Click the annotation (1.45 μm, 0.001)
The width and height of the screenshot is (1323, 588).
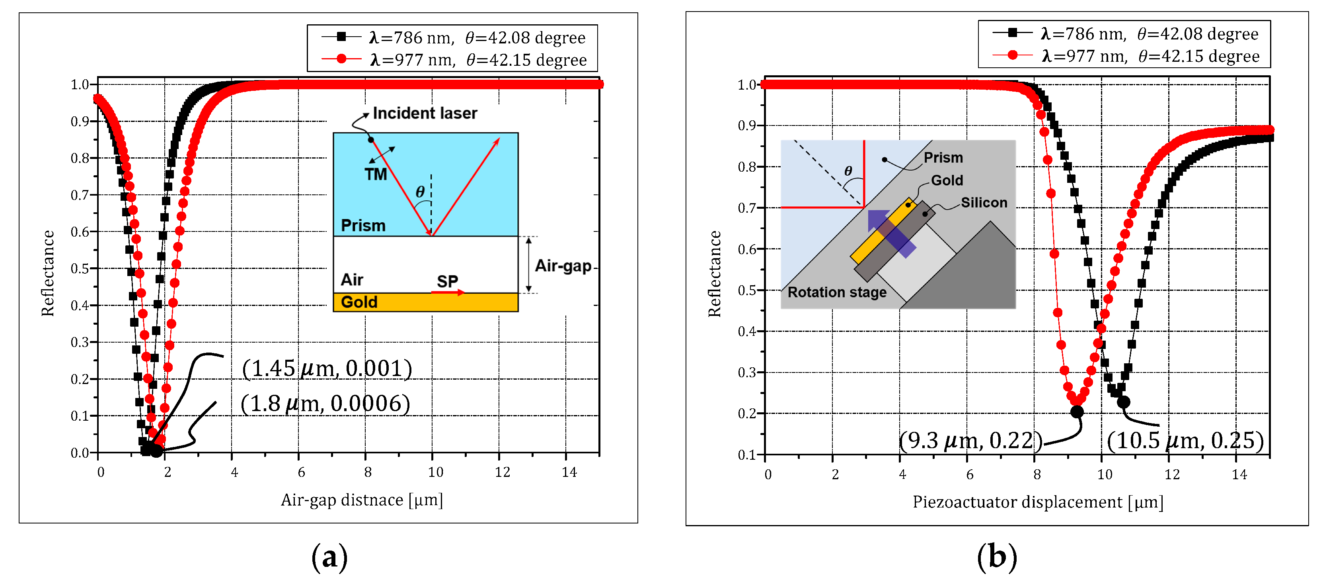327,368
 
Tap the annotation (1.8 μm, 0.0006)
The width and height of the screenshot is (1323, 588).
325,404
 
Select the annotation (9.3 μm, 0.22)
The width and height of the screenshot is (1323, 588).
970,441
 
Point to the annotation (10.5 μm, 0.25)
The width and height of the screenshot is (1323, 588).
1184,441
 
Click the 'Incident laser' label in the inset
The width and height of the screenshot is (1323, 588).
425,113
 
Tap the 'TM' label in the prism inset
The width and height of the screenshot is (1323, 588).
376,175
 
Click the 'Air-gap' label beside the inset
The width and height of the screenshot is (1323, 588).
563,266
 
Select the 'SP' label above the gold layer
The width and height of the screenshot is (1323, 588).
447,281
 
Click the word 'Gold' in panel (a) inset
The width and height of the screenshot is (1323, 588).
359,302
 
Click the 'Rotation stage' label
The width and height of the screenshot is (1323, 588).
837,292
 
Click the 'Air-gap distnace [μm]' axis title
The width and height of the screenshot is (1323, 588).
362,500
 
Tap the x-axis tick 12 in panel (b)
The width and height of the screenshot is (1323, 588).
1172,474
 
